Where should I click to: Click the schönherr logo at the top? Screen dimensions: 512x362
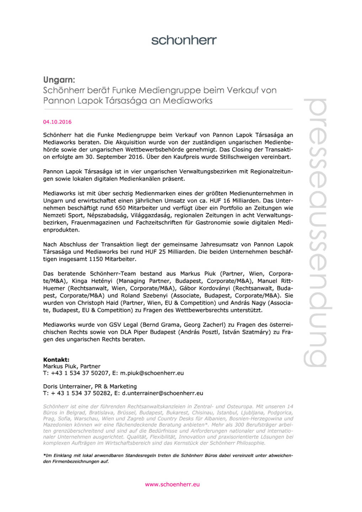click(184, 40)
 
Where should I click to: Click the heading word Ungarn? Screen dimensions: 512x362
click(59, 80)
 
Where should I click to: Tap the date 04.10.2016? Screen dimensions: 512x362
click(57, 122)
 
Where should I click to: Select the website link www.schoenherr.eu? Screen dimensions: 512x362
click(172, 484)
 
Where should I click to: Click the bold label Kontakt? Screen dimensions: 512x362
click(56, 359)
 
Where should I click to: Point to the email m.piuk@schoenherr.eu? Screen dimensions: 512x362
click(152, 373)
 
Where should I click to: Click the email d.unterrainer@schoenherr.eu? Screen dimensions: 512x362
click(163, 393)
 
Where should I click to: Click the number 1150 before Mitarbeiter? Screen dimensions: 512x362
click(101, 259)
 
